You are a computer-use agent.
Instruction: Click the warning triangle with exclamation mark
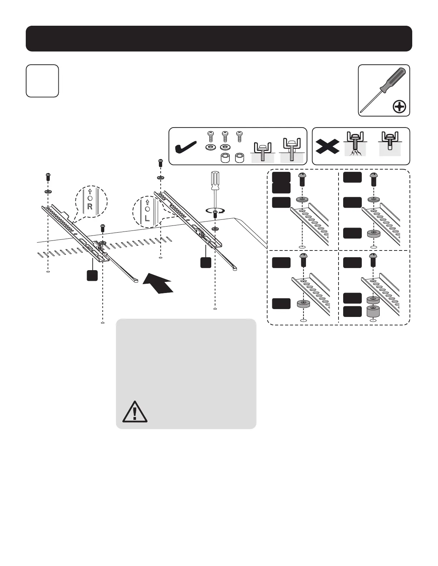(135, 412)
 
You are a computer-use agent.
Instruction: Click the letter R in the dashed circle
(90, 207)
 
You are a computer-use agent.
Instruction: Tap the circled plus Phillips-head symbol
(399, 106)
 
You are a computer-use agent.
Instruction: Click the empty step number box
(42, 81)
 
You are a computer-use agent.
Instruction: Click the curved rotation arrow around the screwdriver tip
(215, 211)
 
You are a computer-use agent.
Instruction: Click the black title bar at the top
(219, 39)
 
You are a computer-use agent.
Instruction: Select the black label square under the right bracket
(205, 263)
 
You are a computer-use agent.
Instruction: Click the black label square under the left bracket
(92, 275)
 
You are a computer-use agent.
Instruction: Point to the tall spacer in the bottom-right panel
(373, 312)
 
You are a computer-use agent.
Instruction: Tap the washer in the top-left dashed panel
(303, 199)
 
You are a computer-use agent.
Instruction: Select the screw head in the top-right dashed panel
(374, 176)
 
